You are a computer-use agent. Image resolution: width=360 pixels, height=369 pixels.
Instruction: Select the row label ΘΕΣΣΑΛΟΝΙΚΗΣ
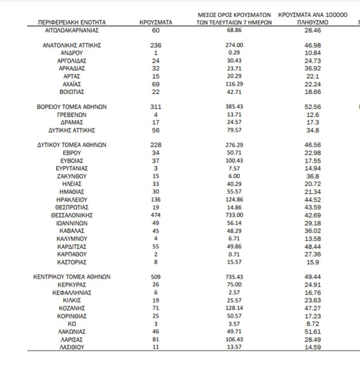(x=72, y=215)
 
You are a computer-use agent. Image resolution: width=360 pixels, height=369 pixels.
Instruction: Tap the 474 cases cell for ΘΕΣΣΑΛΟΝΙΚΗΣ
(x=155, y=215)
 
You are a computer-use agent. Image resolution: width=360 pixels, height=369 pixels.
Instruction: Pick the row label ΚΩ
(x=72, y=324)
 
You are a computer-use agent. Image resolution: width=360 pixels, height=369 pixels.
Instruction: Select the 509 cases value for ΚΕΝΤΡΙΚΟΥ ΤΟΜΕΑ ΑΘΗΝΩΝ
(x=155, y=277)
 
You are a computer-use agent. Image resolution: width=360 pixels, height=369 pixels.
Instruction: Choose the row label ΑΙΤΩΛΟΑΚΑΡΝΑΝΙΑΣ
(x=72, y=30)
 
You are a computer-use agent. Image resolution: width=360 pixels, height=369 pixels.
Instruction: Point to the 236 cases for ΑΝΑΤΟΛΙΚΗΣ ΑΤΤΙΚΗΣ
(x=155, y=45)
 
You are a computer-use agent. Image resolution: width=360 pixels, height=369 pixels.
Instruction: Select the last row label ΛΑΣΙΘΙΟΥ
(x=72, y=347)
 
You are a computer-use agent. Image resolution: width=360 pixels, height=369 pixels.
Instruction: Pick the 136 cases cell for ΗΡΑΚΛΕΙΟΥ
(x=155, y=200)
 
